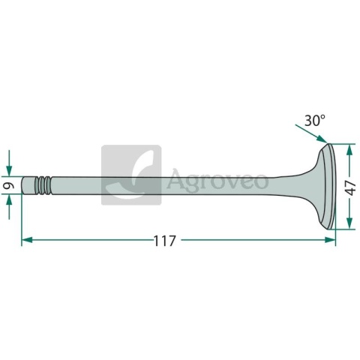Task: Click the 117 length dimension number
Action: point(164,241)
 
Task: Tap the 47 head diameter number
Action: point(352,188)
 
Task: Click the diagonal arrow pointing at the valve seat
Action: point(311,133)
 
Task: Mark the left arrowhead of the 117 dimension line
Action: point(27,240)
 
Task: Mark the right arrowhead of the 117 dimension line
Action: point(330,240)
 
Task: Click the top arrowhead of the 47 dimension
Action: point(349,150)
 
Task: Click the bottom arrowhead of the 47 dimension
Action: point(349,223)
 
